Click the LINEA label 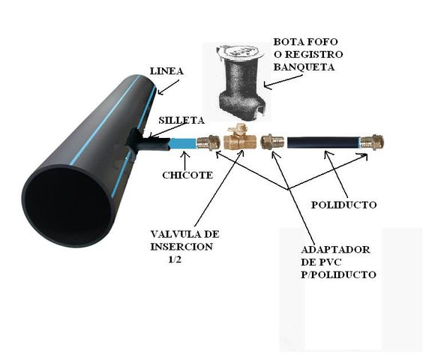tap(166, 71)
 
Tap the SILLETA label tap(181, 120)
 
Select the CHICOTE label tap(187, 175)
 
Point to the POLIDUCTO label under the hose tap(344, 205)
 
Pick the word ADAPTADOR tap(335, 249)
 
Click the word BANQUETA tap(304, 67)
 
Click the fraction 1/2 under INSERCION tap(175, 259)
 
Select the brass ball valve tap(240, 138)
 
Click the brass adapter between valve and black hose tap(272, 142)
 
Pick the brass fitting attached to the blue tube tap(208, 142)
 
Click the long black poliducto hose tap(324, 142)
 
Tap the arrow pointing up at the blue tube tap(184, 161)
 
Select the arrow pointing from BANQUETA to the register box tap(283, 81)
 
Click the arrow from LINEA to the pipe tap(168, 87)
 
